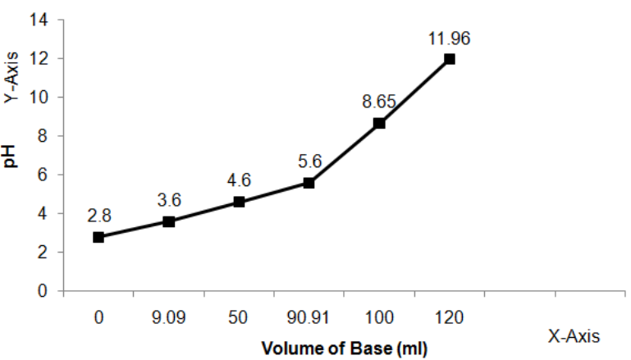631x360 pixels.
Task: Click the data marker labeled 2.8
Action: coord(98,237)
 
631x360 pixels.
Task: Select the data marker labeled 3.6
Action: coord(169,221)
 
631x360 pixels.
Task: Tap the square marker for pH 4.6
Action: coord(239,202)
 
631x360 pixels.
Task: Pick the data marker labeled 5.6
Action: coord(309,183)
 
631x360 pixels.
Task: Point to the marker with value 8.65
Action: coord(379,123)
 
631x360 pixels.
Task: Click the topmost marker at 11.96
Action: coord(449,59)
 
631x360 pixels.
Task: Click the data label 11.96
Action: coord(449,39)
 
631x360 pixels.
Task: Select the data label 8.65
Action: coord(379,103)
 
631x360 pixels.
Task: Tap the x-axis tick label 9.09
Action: coord(169,316)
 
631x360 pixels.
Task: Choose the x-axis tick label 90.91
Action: coord(309,316)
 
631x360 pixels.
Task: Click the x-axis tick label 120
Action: coord(449,316)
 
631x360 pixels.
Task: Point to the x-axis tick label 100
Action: coord(379,316)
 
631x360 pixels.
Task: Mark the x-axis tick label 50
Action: coord(239,316)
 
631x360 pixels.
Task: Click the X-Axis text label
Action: coord(574,335)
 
